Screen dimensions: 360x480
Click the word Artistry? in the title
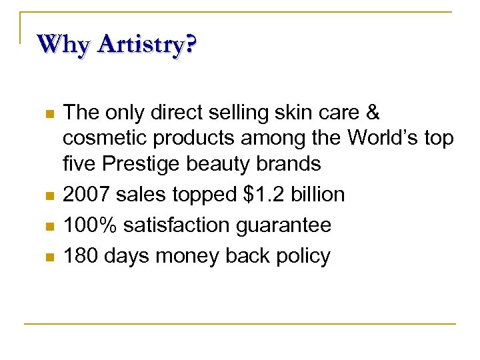coord(147,45)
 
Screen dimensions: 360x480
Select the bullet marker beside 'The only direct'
coord(47,114)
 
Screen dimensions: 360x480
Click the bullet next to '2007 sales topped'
coord(47,196)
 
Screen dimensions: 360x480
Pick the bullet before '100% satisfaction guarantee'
coord(47,227)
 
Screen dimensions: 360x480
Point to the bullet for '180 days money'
coord(47,257)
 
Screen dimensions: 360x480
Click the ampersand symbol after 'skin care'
coord(373,113)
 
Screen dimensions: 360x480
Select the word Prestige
coord(139,164)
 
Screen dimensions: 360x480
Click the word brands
coord(288,163)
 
